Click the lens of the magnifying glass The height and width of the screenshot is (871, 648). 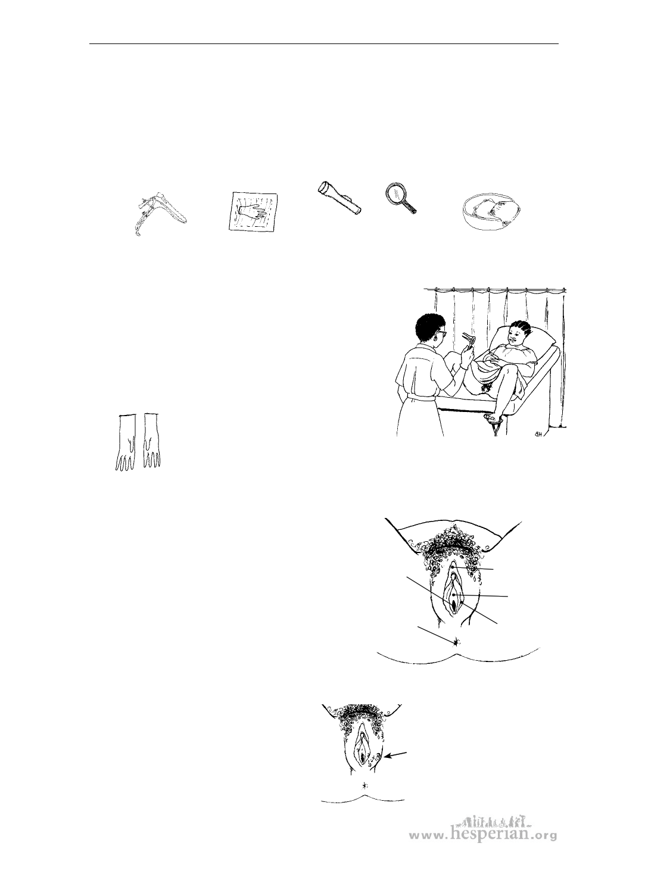(x=397, y=193)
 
